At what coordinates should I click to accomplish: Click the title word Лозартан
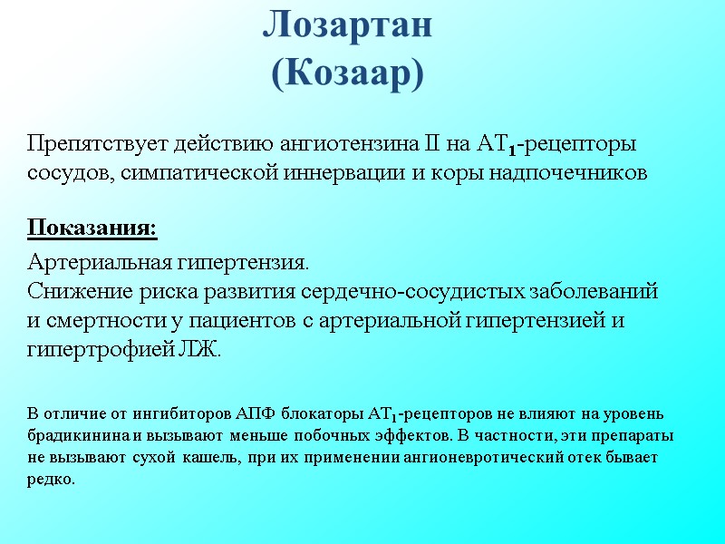[x=348, y=26]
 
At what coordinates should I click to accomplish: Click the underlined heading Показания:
[x=92, y=227]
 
